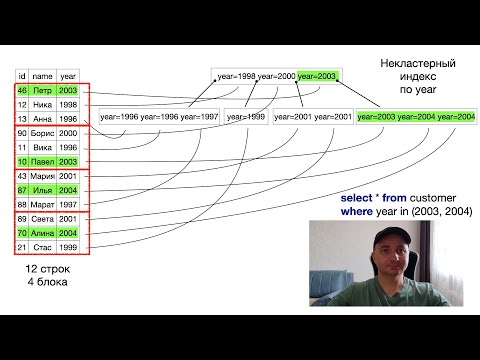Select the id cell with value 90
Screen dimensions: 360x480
tap(22, 133)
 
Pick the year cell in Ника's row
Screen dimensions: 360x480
tap(68, 104)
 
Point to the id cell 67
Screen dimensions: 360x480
tap(22, 190)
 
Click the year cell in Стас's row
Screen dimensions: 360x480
tap(68, 247)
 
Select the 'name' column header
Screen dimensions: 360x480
tap(41, 74)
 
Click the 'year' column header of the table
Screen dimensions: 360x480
tap(68, 74)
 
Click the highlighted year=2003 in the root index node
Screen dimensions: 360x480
tap(317, 77)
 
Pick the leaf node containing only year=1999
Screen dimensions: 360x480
tap(245, 117)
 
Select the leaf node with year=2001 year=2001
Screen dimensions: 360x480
tap(314, 117)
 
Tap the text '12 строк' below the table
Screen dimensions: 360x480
tap(46, 270)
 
